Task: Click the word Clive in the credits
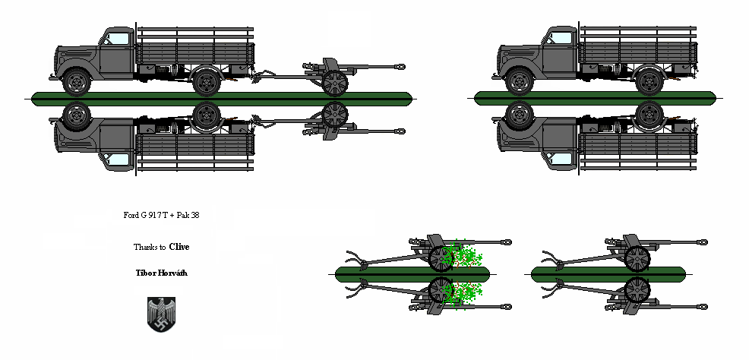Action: [179, 246]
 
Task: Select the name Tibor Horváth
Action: [160, 272]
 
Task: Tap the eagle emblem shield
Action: [160, 314]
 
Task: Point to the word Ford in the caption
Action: [130, 215]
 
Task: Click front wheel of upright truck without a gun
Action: [519, 81]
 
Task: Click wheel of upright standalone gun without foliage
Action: [637, 258]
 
